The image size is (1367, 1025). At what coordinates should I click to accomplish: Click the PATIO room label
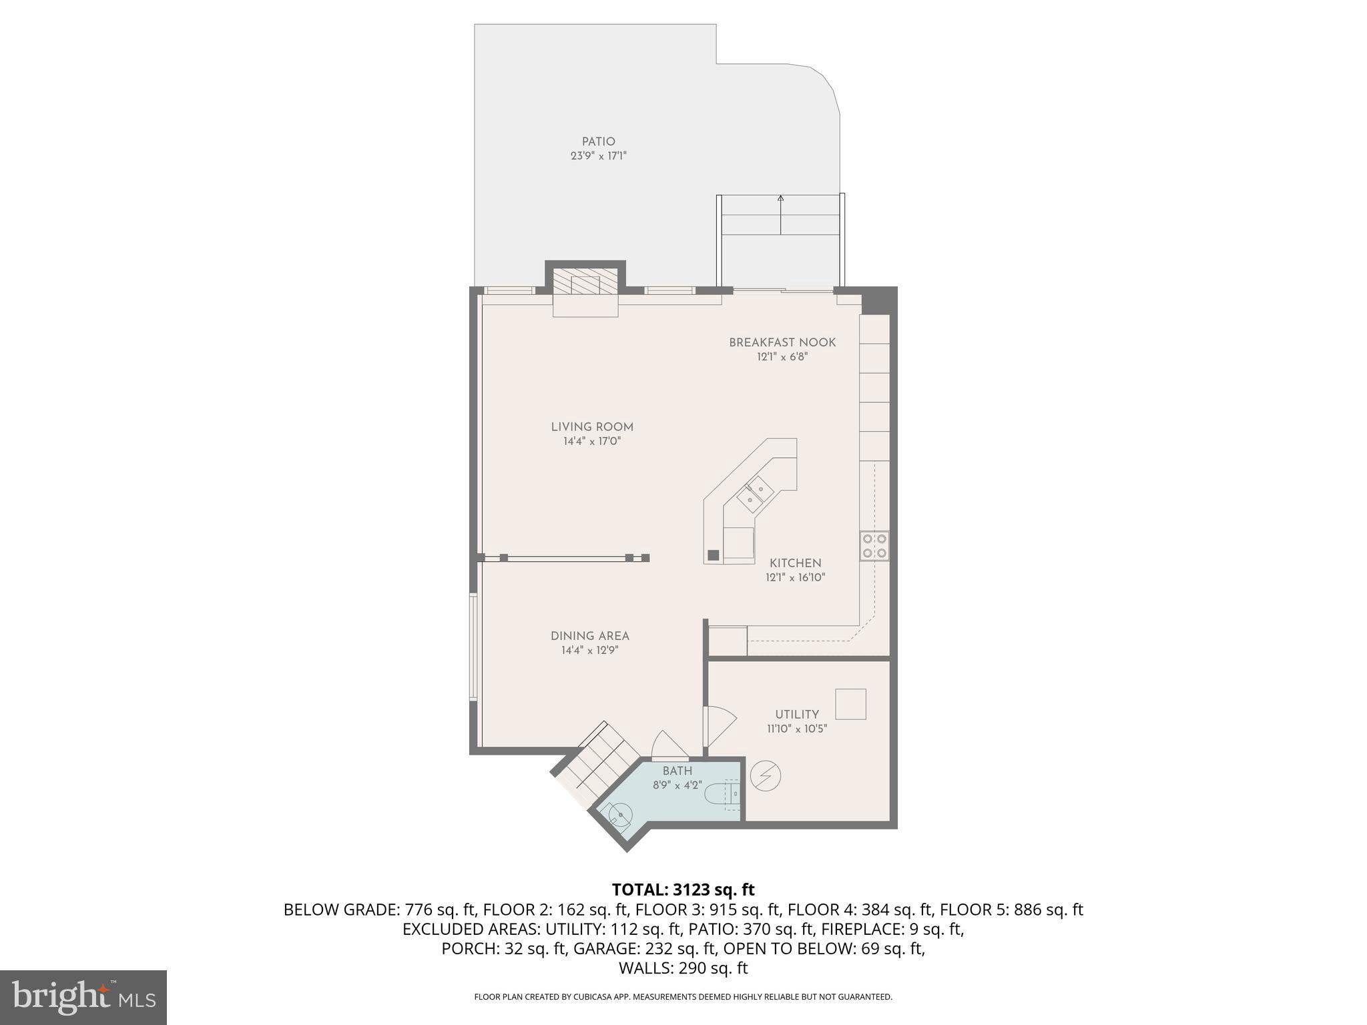[598, 141]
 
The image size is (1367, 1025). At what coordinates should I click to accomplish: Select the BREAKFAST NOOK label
[782, 342]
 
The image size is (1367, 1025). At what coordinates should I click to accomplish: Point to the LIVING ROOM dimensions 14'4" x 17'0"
[592, 441]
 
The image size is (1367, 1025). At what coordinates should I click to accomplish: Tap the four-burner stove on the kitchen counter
[874, 545]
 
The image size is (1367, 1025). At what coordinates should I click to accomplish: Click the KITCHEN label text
[795, 563]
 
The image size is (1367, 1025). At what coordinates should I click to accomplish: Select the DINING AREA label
[590, 636]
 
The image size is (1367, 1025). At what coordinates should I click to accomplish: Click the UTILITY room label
[797, 714]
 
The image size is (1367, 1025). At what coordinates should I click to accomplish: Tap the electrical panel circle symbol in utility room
[766, 775]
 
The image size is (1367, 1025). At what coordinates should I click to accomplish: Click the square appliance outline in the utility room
[851, 704]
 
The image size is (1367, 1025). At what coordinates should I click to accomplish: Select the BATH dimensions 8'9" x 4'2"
[677, 785]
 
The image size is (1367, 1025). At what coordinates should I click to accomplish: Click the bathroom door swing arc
[668, 745]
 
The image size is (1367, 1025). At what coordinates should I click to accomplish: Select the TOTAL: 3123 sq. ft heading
[683, 890]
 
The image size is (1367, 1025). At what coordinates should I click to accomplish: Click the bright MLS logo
[83, 998]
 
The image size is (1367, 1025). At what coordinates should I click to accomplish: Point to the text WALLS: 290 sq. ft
[683, 968]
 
